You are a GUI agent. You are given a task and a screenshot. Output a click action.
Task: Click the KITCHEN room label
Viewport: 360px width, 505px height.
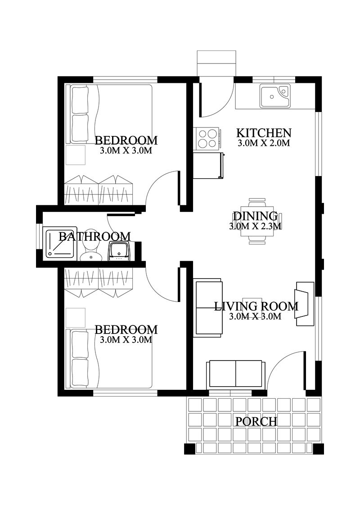264,133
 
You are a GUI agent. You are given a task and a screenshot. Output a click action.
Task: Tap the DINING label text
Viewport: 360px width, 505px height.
255,216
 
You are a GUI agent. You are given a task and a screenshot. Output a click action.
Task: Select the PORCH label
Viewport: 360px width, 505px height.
256,422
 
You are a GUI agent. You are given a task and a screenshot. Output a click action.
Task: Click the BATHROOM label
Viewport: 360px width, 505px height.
94,236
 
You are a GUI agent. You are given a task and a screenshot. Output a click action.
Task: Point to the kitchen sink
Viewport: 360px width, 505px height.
275,96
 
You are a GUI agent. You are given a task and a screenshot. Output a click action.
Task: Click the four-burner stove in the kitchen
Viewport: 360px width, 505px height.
207,139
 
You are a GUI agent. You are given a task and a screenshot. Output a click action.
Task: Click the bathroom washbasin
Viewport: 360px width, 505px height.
119,252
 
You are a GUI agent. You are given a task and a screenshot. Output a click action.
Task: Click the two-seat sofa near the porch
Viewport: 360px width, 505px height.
235,374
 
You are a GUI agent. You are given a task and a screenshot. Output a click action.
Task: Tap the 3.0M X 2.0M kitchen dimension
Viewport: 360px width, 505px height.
263,144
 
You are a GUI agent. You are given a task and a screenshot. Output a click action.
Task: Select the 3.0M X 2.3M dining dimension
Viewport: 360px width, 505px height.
255,226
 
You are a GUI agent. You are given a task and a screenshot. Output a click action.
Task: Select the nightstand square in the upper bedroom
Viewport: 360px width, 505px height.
76,154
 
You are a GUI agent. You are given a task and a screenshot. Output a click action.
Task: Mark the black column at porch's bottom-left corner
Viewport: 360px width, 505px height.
189,449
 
